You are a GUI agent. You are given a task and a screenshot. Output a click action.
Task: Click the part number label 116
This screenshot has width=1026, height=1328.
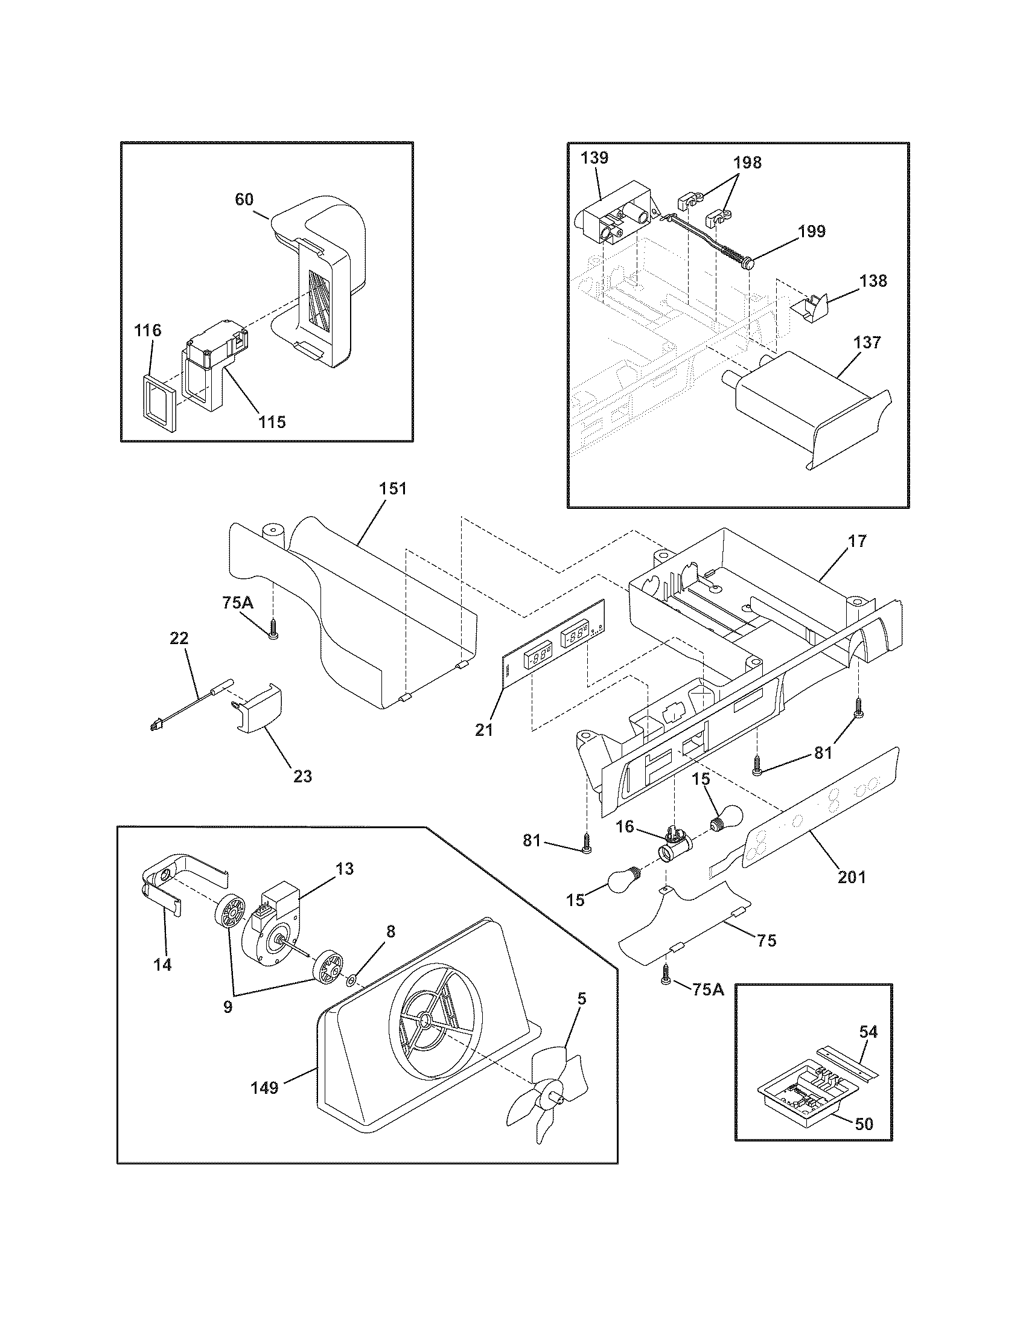click(x=148, y=331)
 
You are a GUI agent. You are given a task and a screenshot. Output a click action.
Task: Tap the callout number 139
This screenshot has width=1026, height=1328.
click(x=594, y=158)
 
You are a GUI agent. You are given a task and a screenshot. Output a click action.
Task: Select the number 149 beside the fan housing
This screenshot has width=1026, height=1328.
click(x=264, y=1087)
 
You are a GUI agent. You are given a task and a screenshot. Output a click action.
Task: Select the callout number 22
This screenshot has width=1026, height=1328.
click(x=179, y=638)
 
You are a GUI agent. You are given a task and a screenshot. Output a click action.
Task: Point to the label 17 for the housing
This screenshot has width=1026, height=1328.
click(x=857, y=541)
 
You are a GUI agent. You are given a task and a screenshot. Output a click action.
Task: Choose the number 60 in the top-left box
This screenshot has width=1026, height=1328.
click(x=244, y=199)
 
